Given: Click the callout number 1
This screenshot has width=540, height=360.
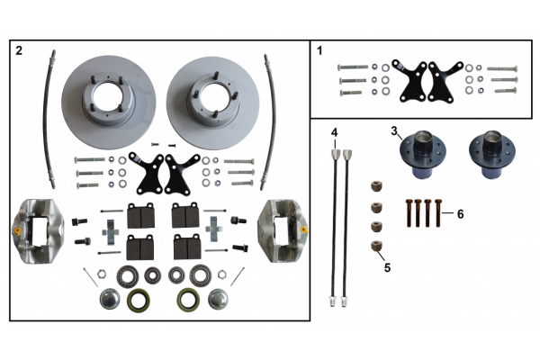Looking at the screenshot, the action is [x=319, y=51].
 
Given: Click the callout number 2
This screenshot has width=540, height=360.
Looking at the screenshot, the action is [x=19, y=51].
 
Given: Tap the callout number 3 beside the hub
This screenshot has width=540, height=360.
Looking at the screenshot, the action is [x=394, y=131].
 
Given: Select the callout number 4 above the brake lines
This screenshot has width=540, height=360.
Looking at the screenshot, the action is [x=335, y=132].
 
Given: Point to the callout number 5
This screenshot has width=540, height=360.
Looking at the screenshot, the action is [x=387, y=267].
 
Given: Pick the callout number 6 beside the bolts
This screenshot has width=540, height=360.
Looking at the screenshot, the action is [x=461, y=214].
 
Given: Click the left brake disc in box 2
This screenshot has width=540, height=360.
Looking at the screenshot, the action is [x=109, y=103].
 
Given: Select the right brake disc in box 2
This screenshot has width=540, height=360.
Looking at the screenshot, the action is [x=212, y=103].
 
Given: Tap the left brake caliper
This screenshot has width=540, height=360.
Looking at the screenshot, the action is [x=39, y=230].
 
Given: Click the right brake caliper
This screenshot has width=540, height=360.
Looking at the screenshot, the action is [x=283, y=230].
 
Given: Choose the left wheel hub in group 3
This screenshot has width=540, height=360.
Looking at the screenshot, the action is [x=423, y=155].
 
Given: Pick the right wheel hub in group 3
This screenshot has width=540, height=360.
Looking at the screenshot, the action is [x=491, y=155].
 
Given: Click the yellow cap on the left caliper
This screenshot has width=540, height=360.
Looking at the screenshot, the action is [x=17, y=230].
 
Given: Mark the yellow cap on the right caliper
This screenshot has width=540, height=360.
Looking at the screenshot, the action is [x=304, y=229].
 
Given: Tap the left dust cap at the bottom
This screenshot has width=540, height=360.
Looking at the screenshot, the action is [x=110, y=299].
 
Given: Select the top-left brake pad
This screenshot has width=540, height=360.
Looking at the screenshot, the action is [x=141, y=215].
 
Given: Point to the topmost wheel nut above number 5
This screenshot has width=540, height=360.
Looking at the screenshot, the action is [x=376, y=186].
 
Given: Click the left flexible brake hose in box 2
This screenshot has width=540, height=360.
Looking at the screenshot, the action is [x=49, y=119].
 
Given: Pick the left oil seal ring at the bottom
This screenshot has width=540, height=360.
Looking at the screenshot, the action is [x=139, y=300].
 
